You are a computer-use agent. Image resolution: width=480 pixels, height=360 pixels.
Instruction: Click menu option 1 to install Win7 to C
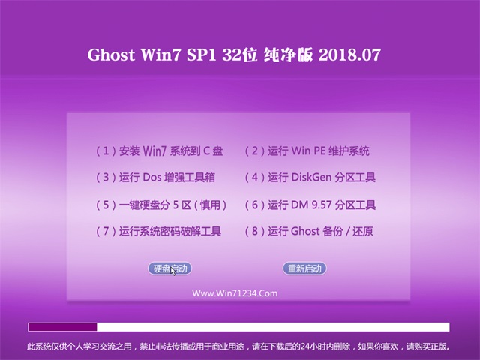[160, 151]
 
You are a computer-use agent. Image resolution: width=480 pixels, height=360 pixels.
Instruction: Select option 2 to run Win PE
[307, 151]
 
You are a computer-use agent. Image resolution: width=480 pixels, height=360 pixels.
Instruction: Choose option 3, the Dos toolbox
[155, 178]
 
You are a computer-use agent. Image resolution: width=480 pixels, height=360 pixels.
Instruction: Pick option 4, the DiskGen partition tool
[310, 178]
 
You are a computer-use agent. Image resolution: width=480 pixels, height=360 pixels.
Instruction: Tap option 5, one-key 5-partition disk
[161, 205]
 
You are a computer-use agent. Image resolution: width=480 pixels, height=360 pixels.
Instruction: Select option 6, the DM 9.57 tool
[310, 205]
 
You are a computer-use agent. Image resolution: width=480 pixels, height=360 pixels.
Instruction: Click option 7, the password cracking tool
[158, 231]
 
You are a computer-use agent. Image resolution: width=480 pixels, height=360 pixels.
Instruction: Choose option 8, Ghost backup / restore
[309, 231]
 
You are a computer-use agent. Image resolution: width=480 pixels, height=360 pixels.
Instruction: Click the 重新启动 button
[304, 268]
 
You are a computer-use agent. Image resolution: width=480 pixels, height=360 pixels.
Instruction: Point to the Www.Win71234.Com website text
[235, 293]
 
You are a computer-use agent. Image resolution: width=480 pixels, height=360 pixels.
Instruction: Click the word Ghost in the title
[111, 55]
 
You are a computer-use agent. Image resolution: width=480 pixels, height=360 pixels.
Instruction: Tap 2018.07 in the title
[350, 55]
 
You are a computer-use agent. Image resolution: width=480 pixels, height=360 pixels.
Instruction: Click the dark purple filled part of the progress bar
[62, 327]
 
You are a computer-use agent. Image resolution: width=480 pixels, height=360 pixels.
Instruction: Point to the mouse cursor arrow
[173, 271]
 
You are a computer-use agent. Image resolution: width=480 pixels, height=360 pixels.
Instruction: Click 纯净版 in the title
[288, 55]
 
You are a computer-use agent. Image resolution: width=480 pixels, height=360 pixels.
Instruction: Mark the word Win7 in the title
[160, 55]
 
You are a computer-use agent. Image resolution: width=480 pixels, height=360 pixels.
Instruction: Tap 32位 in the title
[240, 55]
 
